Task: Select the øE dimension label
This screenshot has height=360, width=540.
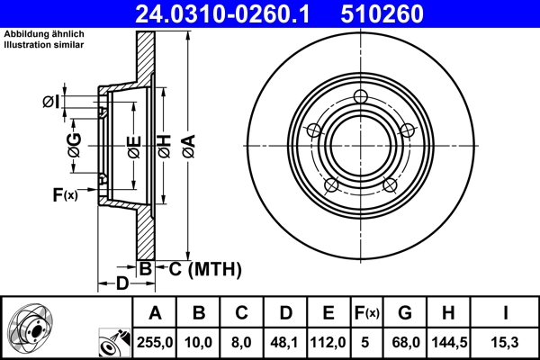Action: (133, 143)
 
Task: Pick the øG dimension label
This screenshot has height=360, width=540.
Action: (74, 143)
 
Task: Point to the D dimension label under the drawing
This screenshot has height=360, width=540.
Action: (121, 285)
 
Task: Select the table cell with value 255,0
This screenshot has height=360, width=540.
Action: (155, 341)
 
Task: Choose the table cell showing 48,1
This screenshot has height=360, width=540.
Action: (284, 341)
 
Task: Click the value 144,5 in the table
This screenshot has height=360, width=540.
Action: (448, 341)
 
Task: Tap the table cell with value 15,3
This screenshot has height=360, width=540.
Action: (508, 341)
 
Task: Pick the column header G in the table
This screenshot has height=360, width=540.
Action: (404, 312)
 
